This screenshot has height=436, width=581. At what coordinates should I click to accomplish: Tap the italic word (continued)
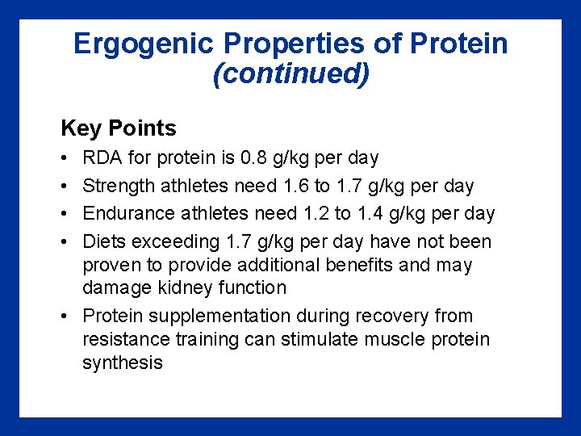coord(290,74)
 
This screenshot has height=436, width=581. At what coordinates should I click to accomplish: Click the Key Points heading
coord(119,128)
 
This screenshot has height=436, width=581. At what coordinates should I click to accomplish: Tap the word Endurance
coord(126,214)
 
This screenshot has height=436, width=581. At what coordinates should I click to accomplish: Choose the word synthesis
coord(123,363)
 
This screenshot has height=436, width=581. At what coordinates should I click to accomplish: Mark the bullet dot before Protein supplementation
coord(65,316)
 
